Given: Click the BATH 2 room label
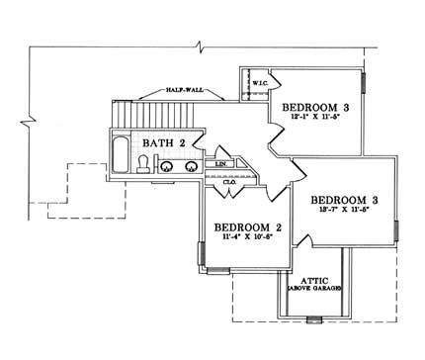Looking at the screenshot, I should tap(162, 143).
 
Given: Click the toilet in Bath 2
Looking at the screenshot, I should tap(144, 169).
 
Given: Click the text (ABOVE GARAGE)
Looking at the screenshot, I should tap(309, 288).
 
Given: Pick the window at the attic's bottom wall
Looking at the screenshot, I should tap(313, 318).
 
